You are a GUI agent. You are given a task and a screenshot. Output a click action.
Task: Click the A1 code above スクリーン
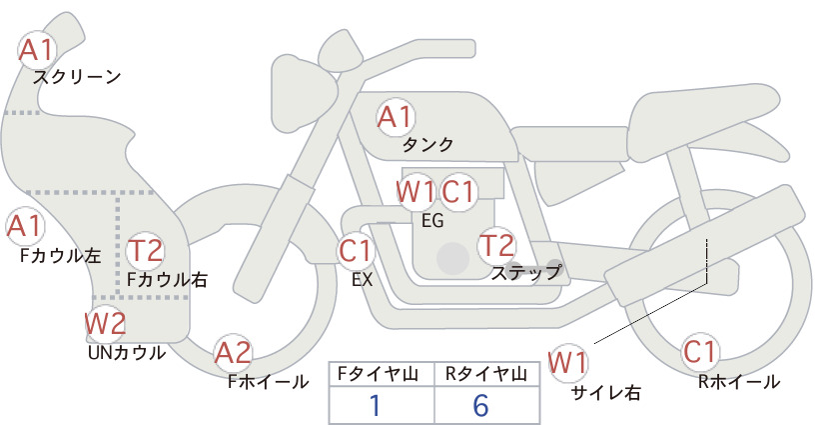pos(37,51)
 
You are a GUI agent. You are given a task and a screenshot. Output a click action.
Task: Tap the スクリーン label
pos(77,77)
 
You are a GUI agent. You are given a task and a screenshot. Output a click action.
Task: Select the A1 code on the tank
pos(396,117)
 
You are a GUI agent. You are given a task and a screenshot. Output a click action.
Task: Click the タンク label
pos(427,145)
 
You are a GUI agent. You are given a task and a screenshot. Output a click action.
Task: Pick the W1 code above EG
pos(415,192)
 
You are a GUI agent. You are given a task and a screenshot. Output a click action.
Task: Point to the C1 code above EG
pos(457,192)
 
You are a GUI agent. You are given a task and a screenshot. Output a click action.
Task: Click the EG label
pos(432,221)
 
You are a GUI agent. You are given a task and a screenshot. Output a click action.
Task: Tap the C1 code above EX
pos(356,250)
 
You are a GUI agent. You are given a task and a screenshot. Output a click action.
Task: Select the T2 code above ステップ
pos(496,245)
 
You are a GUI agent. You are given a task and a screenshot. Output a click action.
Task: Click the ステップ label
pos(525,273)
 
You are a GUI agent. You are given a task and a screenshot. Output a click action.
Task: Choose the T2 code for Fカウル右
pos(146,250)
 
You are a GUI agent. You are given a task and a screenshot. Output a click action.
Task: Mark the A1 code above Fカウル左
pos(24,226)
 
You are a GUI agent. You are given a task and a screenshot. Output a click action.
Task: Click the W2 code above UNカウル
pos(105,324)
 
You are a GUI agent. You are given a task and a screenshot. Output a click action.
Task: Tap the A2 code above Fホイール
pos(233,353)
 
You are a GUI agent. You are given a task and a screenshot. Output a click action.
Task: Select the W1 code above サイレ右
pos(567,362)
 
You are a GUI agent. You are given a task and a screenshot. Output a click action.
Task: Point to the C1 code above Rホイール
pos(699,352)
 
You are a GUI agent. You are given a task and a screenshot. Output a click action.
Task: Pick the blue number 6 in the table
pos(480,405)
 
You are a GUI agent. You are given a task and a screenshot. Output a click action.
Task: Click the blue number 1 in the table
pos(375,405)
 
